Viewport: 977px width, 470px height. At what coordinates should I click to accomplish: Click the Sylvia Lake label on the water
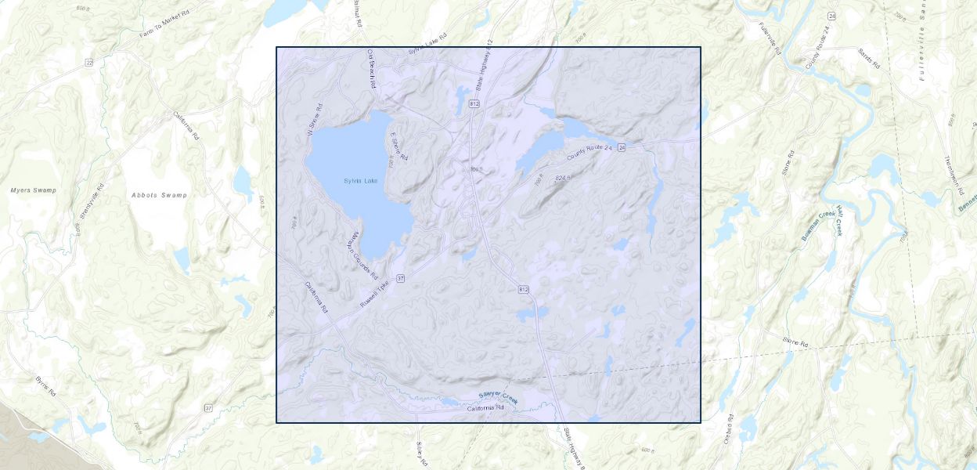tap(360, 181)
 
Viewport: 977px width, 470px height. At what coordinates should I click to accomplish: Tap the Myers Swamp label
tap(34, 190)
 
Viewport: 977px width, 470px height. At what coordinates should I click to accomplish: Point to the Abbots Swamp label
tap(159, 195)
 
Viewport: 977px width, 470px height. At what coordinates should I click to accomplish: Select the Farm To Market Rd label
tap(166, 23)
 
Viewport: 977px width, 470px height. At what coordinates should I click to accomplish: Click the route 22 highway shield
tap(89, 63)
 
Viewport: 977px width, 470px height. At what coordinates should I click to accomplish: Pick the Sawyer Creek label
tap(499, 397)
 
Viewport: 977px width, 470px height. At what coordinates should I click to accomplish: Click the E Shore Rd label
tap(399, 146)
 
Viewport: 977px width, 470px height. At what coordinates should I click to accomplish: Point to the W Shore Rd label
tap(315, 121)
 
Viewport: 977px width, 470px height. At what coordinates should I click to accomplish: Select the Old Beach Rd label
tap(373, 69)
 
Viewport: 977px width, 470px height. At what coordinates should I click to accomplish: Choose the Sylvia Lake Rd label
tap(427, 45)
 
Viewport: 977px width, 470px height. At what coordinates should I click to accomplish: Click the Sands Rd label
tap(868, 58)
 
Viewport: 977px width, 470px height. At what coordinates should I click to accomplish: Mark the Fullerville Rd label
tap(770, 37)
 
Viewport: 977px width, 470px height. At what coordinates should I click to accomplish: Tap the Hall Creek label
tap(838, 221)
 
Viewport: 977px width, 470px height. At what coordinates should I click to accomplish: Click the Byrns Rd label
tap(46, 386)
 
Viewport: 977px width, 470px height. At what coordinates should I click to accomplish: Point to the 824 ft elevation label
tap(563, 179)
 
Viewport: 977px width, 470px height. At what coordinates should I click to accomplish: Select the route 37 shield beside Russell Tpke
tap(400, 278)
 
